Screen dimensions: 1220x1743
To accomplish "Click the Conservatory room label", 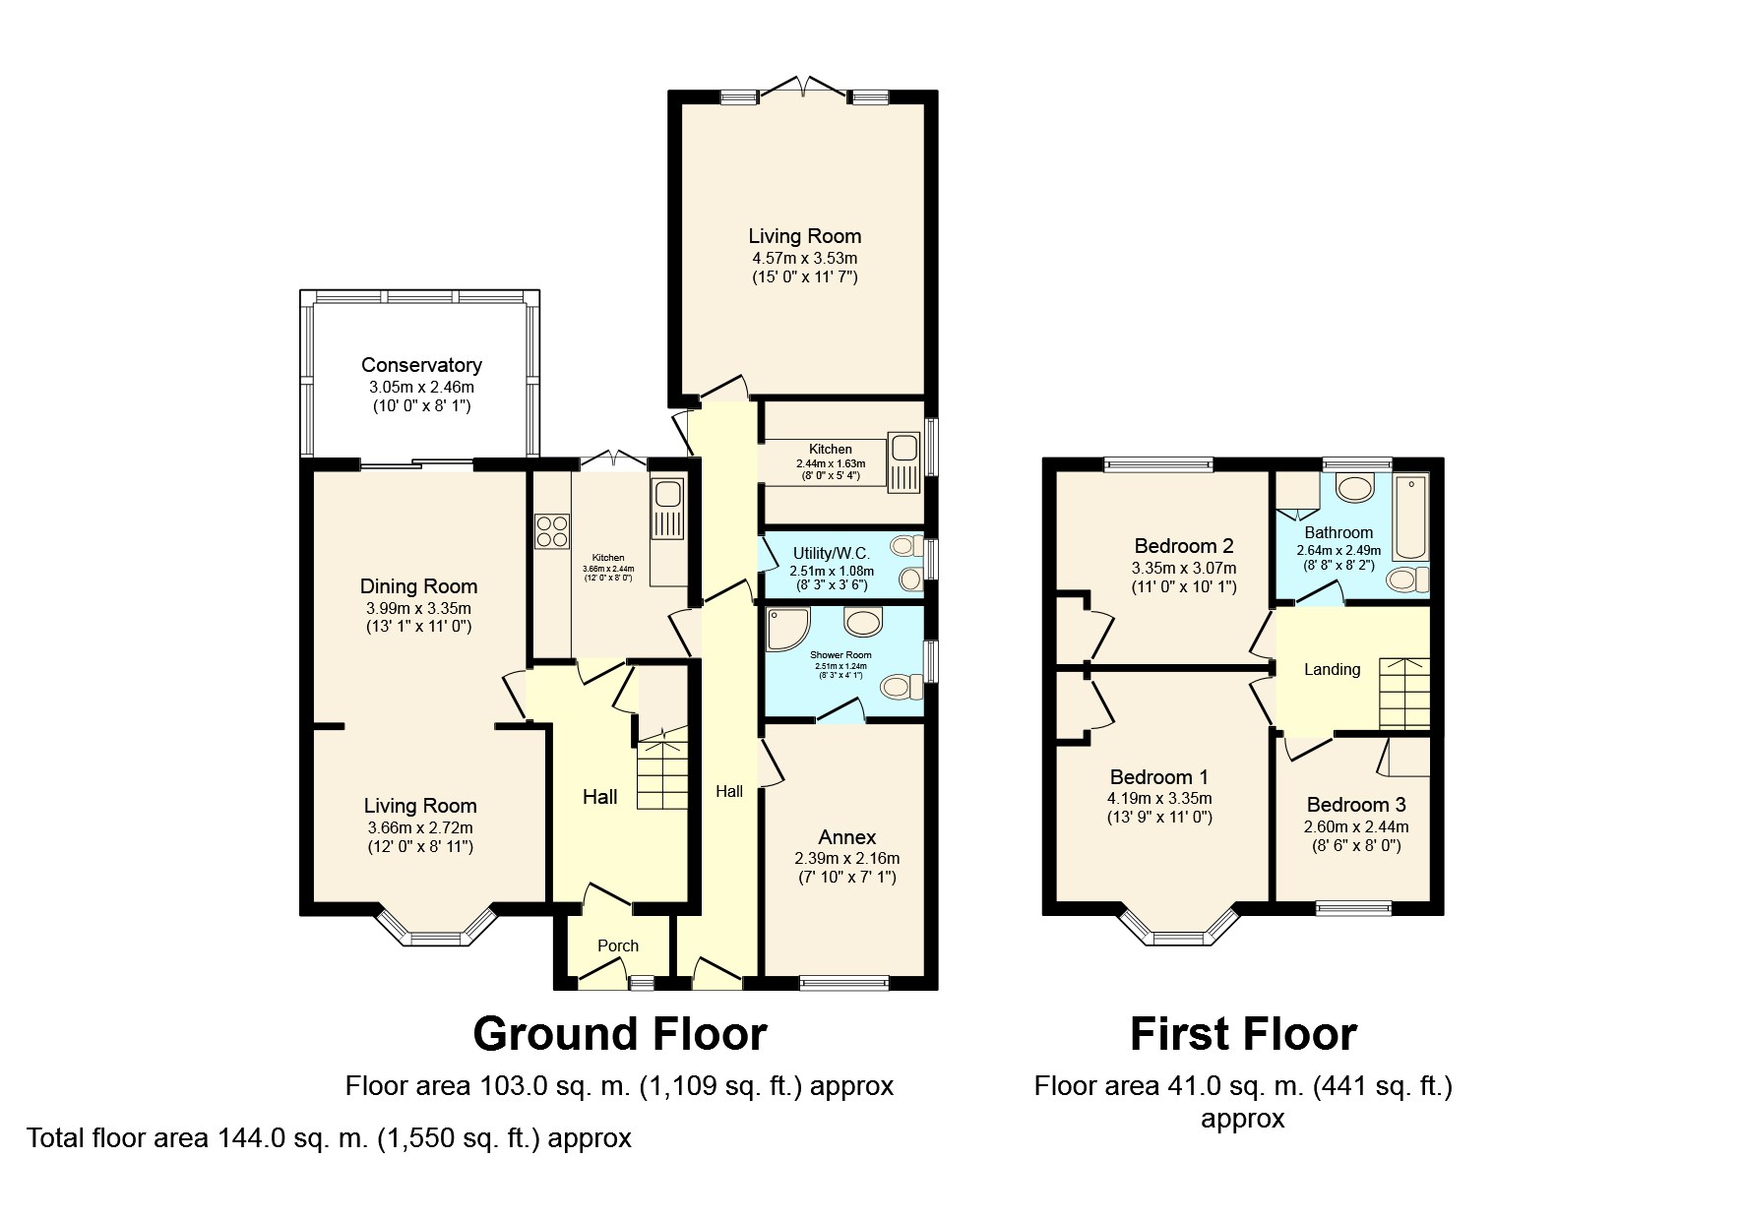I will point(421,365).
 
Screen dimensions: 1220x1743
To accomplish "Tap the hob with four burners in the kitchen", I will point(552,531).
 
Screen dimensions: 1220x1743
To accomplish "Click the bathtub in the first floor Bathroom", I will point(1411,517).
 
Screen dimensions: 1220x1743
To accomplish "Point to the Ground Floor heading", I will point(619,1034).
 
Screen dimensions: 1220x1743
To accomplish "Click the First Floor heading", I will point(1242,1034).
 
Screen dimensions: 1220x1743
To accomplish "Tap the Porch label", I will point(618,945).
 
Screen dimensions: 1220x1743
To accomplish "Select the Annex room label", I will point(846,837).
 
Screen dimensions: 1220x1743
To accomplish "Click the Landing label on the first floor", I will point(1332,669).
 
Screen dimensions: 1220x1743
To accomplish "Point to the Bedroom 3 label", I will point(1355,805).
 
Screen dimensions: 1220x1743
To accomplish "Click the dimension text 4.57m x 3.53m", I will point(804,258).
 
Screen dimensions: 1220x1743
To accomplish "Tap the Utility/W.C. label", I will point(831,554).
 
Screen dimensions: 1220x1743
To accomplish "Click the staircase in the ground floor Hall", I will point(661,772).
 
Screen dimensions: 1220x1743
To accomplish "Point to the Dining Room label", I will point(418,586).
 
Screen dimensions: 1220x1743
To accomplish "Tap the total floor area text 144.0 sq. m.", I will point(329,1138).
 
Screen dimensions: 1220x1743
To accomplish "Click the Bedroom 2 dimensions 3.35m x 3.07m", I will point(1183,568).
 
